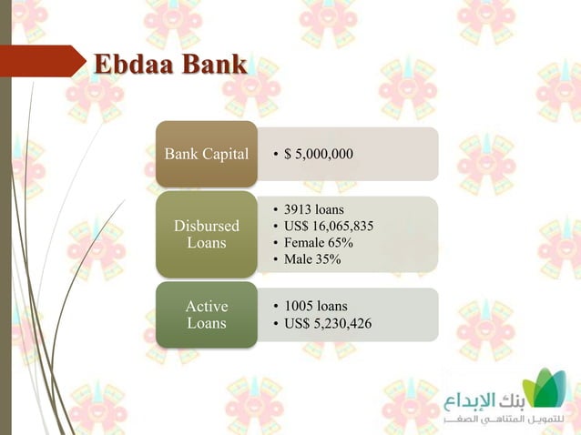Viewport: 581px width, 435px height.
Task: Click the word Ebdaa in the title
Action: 133,66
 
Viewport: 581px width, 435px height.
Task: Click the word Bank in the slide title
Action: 213,66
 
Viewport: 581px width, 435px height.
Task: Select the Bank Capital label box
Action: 206,154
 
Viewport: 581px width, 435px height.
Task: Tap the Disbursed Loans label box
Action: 206,234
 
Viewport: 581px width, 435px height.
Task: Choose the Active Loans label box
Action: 206,315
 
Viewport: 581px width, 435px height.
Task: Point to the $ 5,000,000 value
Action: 318,154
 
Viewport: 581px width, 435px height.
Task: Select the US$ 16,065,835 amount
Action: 329,226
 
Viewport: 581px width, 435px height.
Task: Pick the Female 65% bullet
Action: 319,243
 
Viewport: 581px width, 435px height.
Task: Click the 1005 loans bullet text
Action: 316,307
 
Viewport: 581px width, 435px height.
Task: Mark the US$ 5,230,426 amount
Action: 327,323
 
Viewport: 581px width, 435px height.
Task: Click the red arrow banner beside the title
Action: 41,61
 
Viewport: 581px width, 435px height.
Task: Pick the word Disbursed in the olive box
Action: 207,226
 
